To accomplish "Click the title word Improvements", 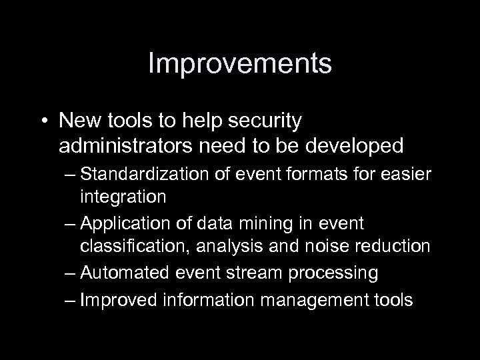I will click(239, 65).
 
